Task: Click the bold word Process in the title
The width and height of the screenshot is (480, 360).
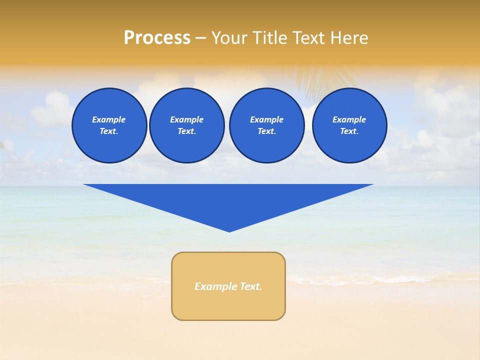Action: point(157,38)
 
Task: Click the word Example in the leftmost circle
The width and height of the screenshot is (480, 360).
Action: point(109,119)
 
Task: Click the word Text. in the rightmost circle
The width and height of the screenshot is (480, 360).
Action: point(349,131)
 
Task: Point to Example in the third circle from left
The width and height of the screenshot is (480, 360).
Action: point(267,119)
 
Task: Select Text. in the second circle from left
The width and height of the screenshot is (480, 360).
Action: point(187,131)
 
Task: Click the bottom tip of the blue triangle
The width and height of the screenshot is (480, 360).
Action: point(229,230)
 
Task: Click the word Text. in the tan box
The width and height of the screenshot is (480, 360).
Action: point(251,286)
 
